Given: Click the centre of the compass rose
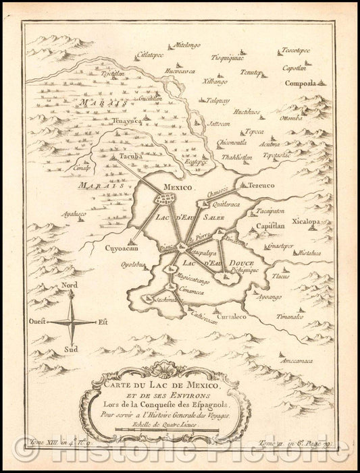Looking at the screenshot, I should (x=74, y=323).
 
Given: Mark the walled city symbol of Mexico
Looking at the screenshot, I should (x=167, y=201).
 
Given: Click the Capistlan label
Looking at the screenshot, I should (x=272, y=228).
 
